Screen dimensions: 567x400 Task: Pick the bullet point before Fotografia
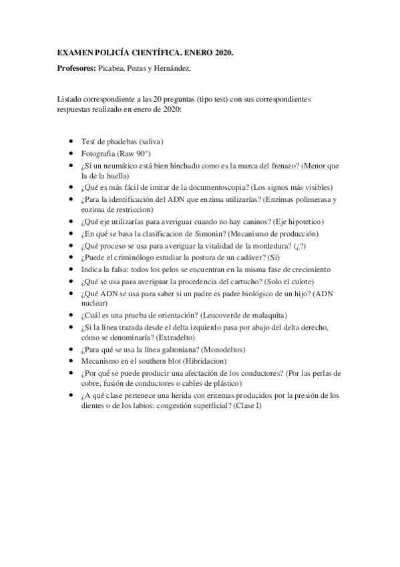click(x=71, y=153)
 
